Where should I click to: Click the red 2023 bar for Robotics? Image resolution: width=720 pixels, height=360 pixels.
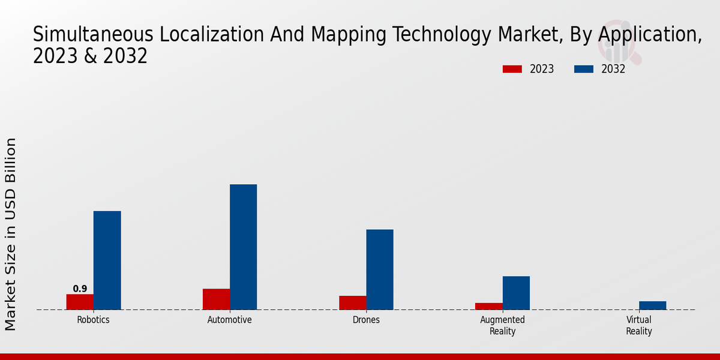pyautogui.click(x=80, y=302)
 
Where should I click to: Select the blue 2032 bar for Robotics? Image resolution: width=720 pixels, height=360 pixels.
pyautogui.click(x=107, y=260)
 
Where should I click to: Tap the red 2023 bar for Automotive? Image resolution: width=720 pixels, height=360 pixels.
pyautogui.click(x=216, y=299)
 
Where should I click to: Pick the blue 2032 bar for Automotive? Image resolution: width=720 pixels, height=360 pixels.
pyautogui.click(x=243, y=247)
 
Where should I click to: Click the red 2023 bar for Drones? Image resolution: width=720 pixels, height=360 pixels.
pyautogui.click(x=352, y=303)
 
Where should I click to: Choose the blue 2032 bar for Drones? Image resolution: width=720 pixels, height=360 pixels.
pyautogui.click(x=380, y=269)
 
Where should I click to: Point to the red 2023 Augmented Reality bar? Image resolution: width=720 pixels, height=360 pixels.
pyautogui.click(x=488, y=306)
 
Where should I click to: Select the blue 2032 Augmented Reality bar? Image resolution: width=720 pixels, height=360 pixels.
pyautogui.click(x=516, y=293)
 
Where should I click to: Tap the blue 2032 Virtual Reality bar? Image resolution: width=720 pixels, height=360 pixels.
pyautogui.click(x=652, y=305)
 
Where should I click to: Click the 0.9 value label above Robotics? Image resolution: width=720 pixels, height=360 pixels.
pyautogui.click(x=80, y=289)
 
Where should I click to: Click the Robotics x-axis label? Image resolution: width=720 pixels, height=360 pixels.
pyautogui.click(x=93, y=320)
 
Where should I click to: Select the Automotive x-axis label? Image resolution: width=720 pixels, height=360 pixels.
pyautogui.click(x=229, y=320)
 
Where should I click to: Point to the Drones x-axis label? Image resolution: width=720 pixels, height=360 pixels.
pyautogui.click(x=366, y=320)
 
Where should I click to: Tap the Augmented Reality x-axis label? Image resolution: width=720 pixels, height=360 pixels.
pyautogui.click(x=502, y=325)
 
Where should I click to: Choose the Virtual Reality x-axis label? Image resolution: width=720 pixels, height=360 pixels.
pyautogui.click(x=638, y=325)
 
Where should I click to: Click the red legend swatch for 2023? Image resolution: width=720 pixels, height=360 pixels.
pyautogui.click(x=512, y=69)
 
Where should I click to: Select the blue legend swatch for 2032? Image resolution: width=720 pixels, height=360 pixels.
pyautogui.click(x=583, y=69)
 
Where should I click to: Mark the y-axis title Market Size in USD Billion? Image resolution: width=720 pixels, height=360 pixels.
pyautogui.click(x=11, y=234)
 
